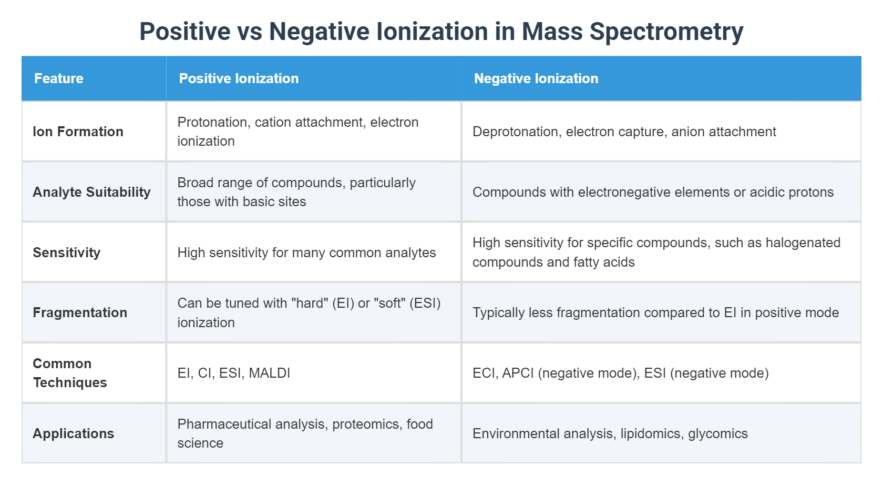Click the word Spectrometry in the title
[666, 32]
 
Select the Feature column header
[59, 78]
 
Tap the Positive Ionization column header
[239, 78]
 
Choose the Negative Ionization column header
[536, 78]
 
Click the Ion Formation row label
[78, 132]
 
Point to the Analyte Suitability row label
[91, 192]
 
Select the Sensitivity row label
[66, 252]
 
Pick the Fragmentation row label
[80, 312]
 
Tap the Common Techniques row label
[69, 373]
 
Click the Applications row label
[73, 433]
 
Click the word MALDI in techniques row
[269, 373]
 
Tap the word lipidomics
[650, 433]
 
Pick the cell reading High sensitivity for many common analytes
[306, 252]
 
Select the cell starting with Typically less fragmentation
[655, 312]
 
